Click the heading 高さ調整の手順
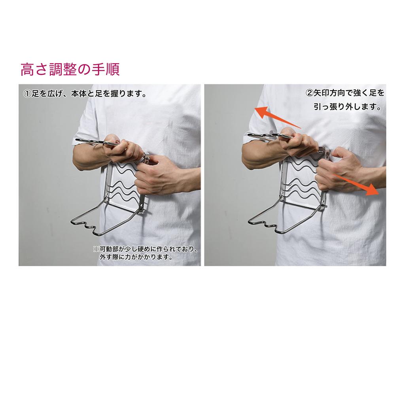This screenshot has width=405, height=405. click(x=70, y=70)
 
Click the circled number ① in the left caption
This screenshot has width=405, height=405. click(x=27, y=95)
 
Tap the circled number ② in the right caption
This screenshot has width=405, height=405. click(x=310, y=94)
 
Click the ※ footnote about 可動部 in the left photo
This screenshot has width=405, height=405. click(x=145, y=249)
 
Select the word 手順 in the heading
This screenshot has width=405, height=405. click(x=109, y=70)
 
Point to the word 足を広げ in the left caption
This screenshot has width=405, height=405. click(x=45, y=95)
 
